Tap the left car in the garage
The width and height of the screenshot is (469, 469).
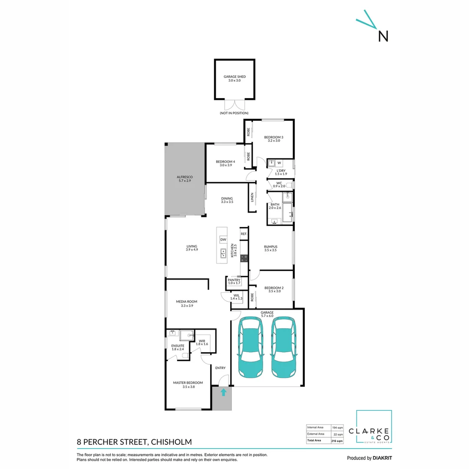point(250,347)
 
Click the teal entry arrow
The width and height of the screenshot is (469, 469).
point(223,393)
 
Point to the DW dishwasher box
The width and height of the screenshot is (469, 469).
point(223,240)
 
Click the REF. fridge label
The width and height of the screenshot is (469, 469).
point(244,234)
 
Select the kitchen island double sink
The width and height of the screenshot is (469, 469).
point(223,253)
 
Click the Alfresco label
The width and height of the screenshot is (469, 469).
point(185,178)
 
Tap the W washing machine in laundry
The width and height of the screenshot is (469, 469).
point(279,163)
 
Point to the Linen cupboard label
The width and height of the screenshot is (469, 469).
point(252,197)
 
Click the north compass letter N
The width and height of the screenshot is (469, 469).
point(383,36)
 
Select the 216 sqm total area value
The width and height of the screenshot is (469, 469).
point(337,441)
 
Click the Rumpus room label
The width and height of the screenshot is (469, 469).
point(271,248)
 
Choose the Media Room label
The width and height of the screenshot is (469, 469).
point(187,303)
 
